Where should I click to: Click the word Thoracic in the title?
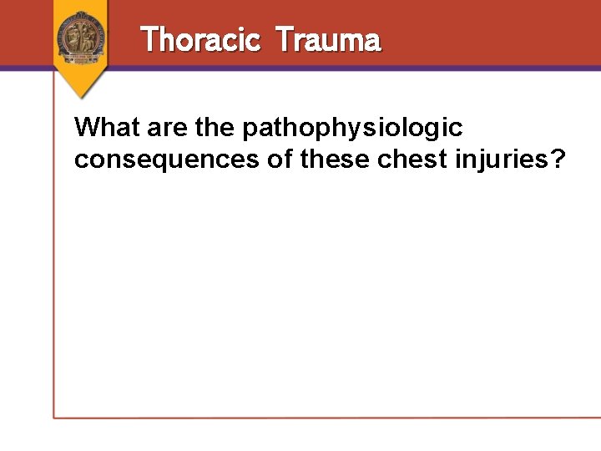(x=200, y=39)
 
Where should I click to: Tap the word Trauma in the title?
(x=328, y=39)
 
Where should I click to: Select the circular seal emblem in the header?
(x=81, y=37)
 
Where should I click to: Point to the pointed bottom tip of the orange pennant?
(x=81, y=97)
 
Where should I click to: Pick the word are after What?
(x=164, y=128)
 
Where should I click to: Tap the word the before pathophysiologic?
(x=215, y=128)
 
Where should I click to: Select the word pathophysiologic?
(x=351, y=129)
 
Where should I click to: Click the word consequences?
(x=166, y=159)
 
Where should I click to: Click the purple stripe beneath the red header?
(x=334, y=68)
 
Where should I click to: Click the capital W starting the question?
(x=87, y=128)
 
